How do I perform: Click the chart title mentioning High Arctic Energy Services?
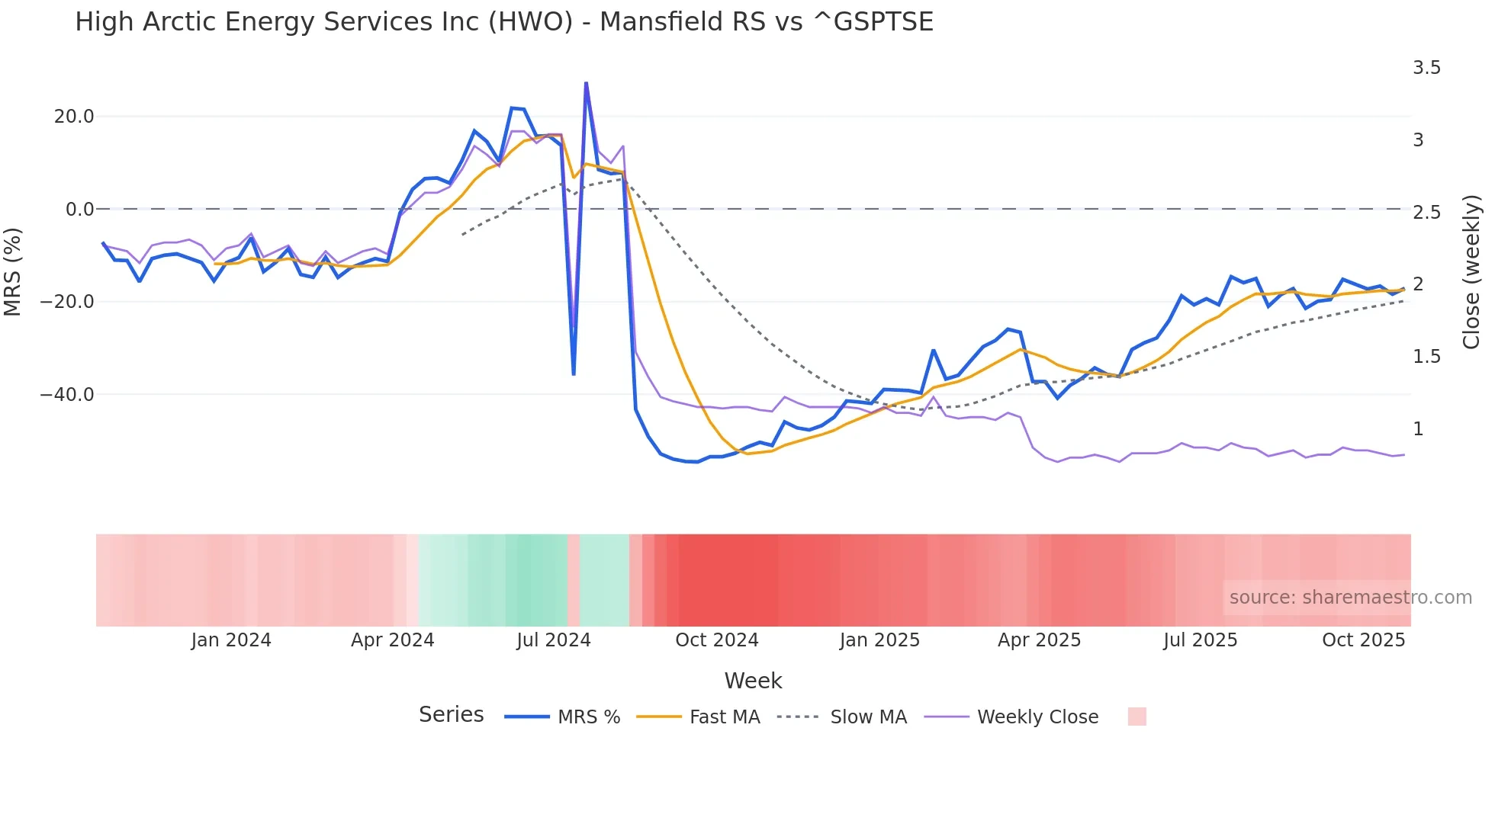[x=503, y=21]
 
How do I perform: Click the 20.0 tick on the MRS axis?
[x=74, y=117]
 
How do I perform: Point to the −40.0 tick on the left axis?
[x=67, y=395]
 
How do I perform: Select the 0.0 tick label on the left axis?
[x=80, y=209]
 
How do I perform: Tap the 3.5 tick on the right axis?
[x=1426, y=68]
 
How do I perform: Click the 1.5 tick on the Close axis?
[x=1426, y=357]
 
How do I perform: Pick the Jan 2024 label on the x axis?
[x=231, y=640]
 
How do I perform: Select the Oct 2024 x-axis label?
[x=717, y=640]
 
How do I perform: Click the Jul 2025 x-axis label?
[x=1200, y=640]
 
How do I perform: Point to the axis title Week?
[x=753, y=681]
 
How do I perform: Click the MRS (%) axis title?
[x=13, y=271]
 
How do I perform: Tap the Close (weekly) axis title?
[x=1471, y=272]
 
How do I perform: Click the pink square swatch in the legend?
[x=1137, y=717]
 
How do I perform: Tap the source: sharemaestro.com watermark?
[x=1350, y=598]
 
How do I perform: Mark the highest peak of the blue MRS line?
[x=586, y=82]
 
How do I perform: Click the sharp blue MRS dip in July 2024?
[x=574, y=374]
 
